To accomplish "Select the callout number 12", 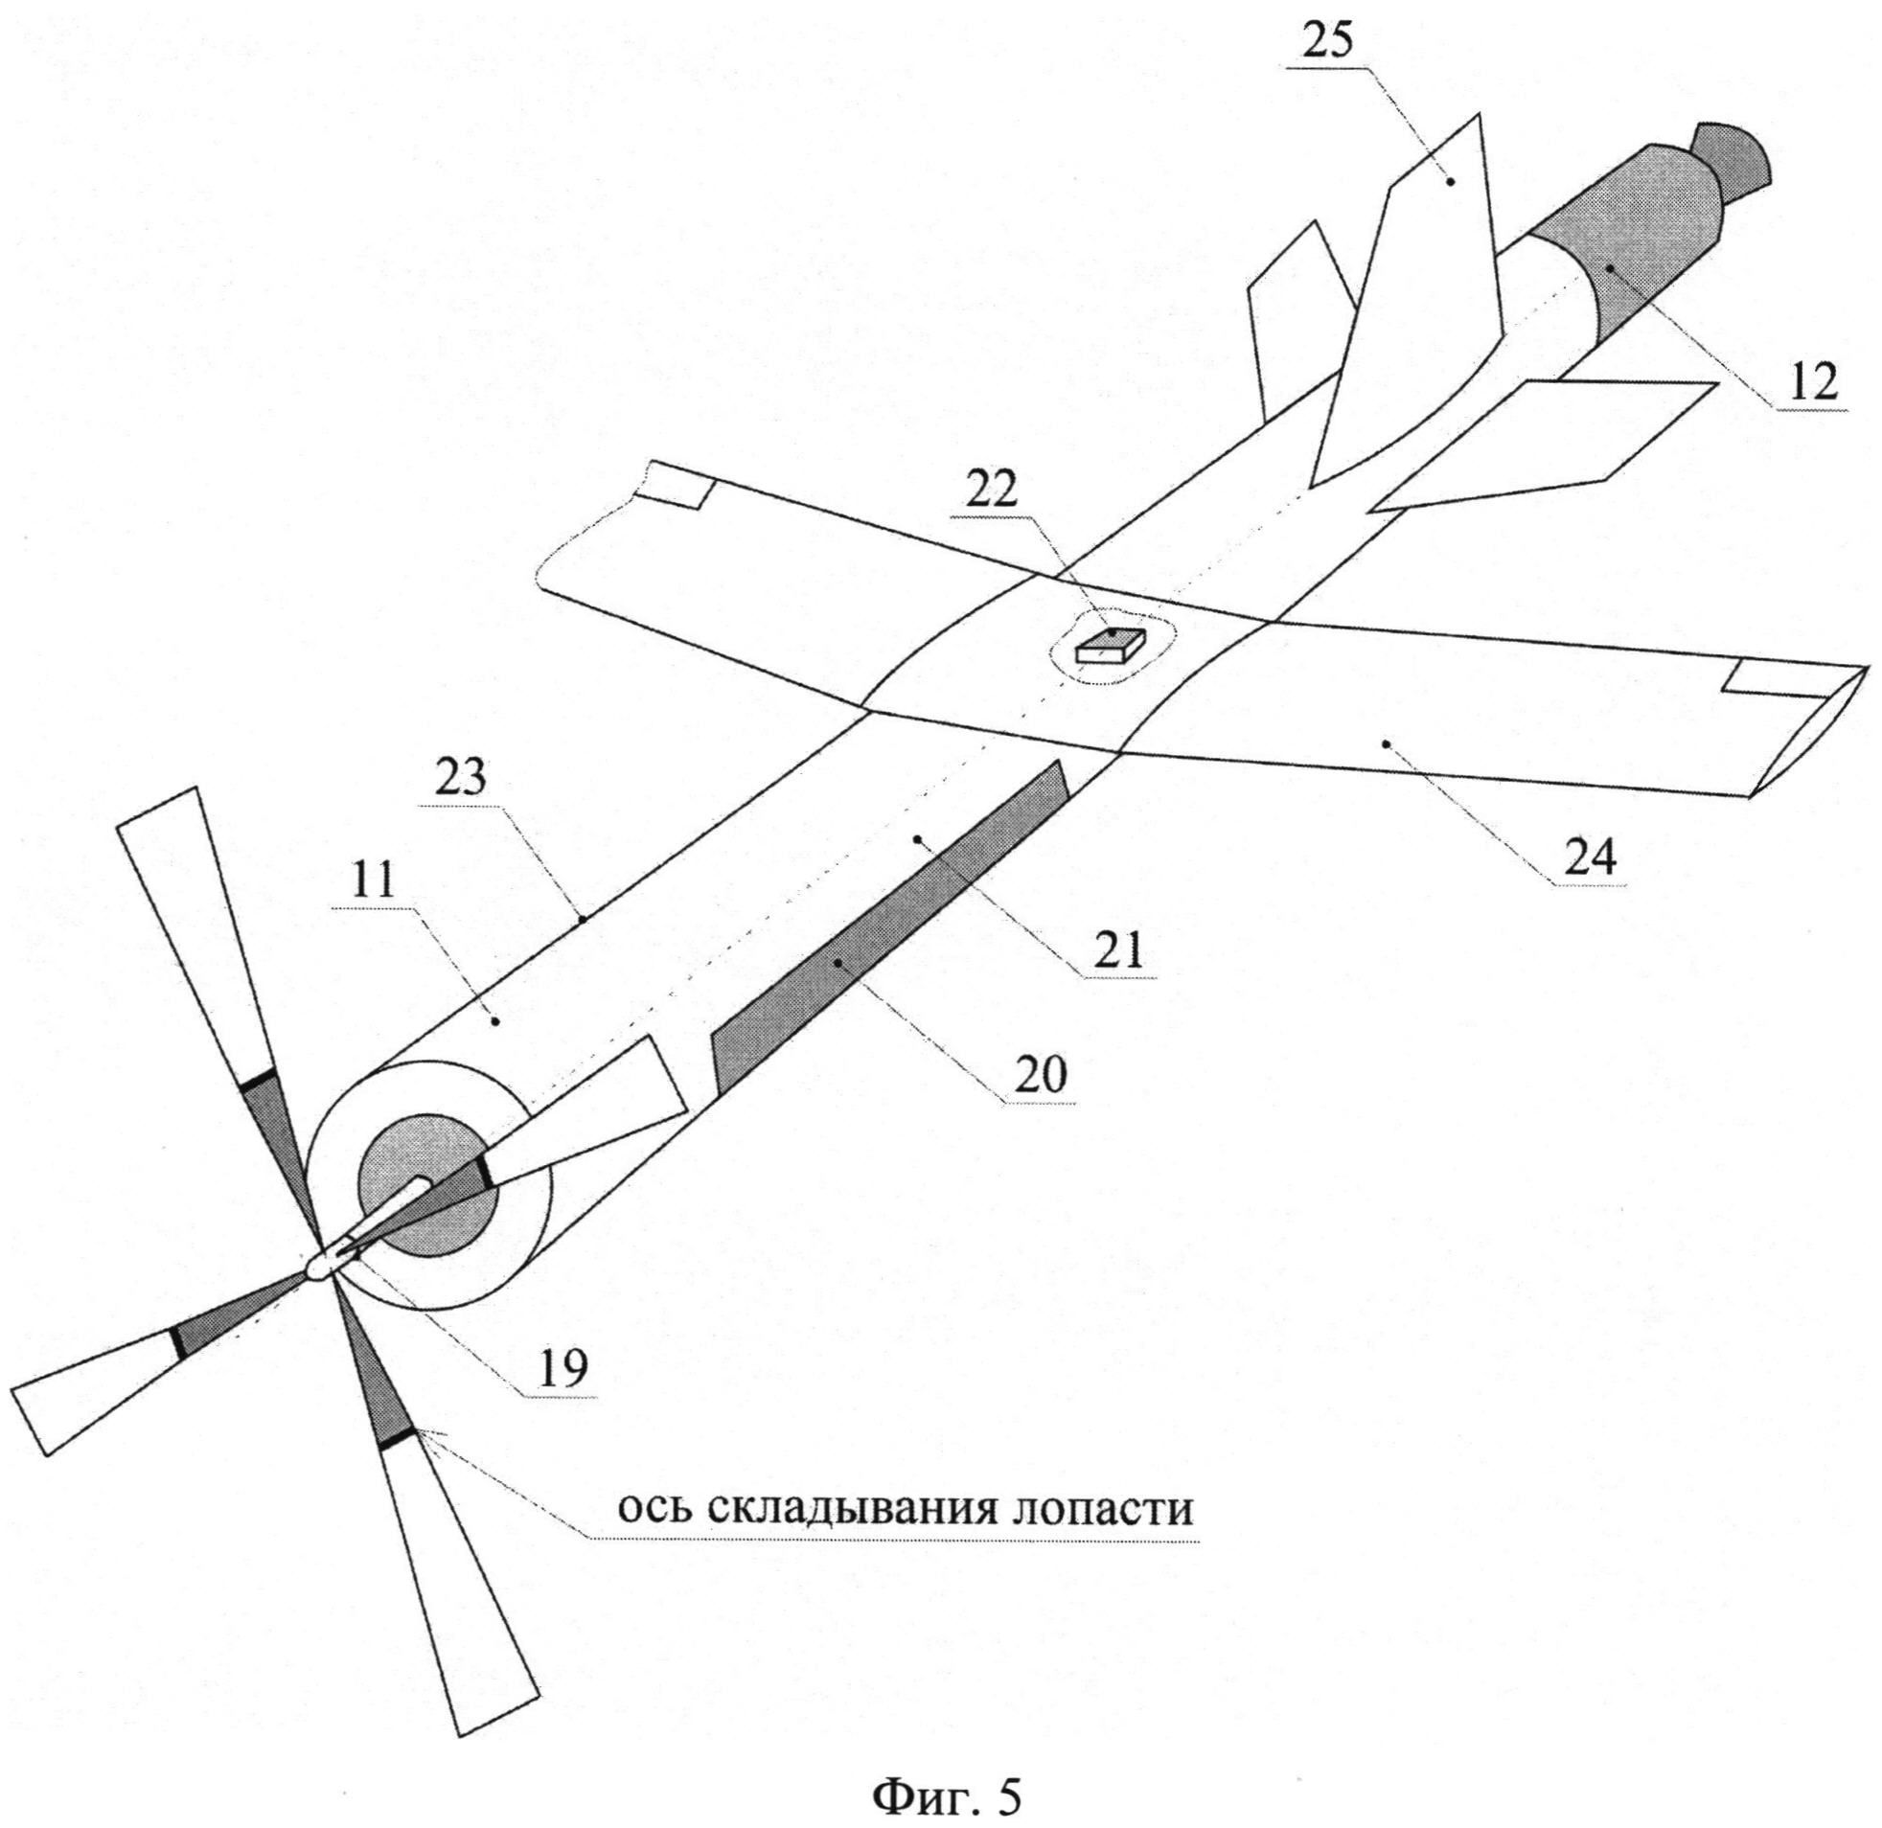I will point(1811,381).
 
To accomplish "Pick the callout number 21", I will point(1118,949).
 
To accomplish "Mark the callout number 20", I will point(1039,1075).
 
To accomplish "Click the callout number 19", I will point(562,1369).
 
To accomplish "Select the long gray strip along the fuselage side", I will point(888,922).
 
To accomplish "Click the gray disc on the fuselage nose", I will point(425,1186).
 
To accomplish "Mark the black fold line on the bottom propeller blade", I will point(401,1438).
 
